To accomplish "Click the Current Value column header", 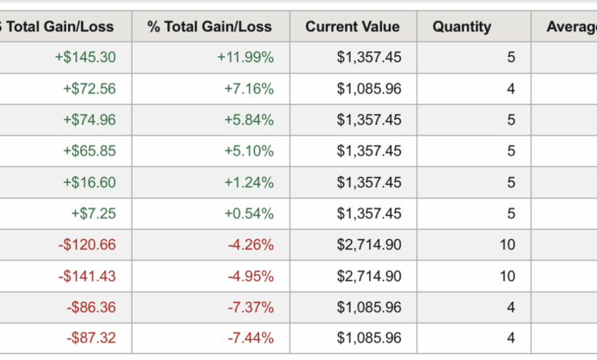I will [352, 27].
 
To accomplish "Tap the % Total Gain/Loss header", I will [210, 27].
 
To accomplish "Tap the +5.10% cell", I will [249, 151].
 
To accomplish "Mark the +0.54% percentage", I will [249, 214].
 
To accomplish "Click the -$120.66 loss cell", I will [87, 245].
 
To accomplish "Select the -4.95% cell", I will [250, 276].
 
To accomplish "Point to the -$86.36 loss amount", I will [91, 307].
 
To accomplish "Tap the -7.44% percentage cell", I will [250, 338].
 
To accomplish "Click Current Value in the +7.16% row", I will [369, 89].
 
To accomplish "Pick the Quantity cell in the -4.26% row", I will [507, 245].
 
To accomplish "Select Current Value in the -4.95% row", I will [369, 276].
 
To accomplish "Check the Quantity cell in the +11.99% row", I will [511, 57].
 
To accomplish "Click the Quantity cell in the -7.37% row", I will [511, 307].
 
